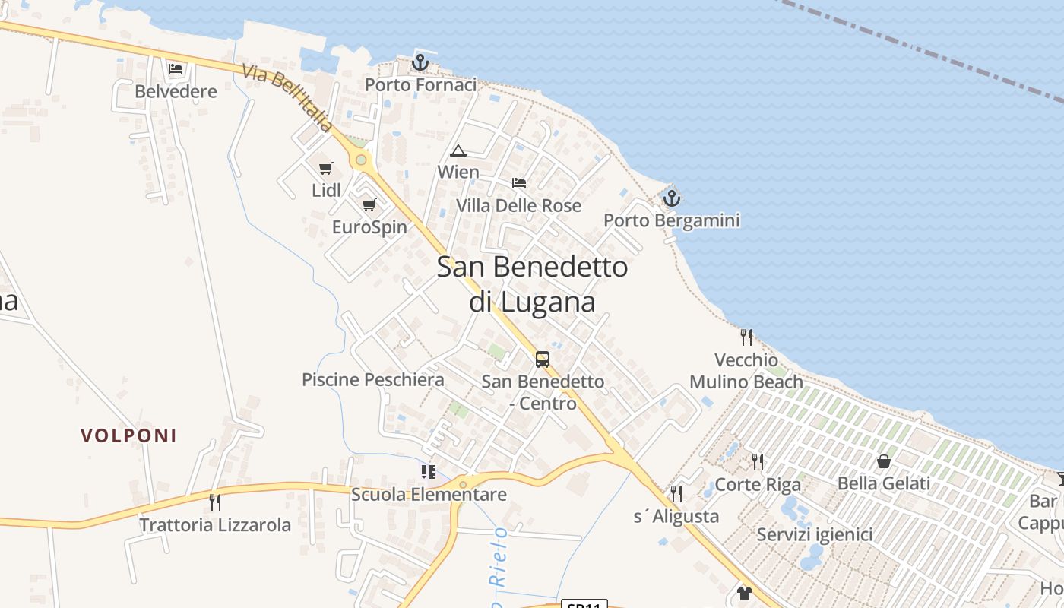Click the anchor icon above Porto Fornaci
pyautogui.click(x=420, y=62)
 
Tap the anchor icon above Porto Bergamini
pyautogui.click(x=671, y=198)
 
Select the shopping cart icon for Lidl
pyautogui.click(x=326, y=168)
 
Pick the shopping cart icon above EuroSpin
pyautogui.click(x=369, y=204)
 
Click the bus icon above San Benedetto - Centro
pyautogui.click(x=543, y=359)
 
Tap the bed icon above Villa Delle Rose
pyautogui.click(x=519, y=183)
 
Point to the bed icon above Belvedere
pyautogui.click(x=176, y=69)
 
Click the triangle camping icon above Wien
pyautogui.click(x=458, y=150)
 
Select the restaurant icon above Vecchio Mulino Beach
pyautogui.click(x=746, y=337)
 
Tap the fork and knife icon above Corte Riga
pyautogui.click(x=757, y=461)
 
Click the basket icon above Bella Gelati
pyautogui.click(x=884, y=461)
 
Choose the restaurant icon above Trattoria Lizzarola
pyautogui.click(x=215, y=502)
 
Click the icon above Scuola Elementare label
pyautogui.click(x=429, y=472)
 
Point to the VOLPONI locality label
pyautogui.click(x=128, y=435)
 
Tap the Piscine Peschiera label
pyautogui.click(x=372, y=379)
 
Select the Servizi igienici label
pyautogui.click(x=815, y=534)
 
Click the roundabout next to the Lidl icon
pyautogui.click(x=361, y=160)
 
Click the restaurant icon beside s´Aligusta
pyautogui.click(x=676, y=494)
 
